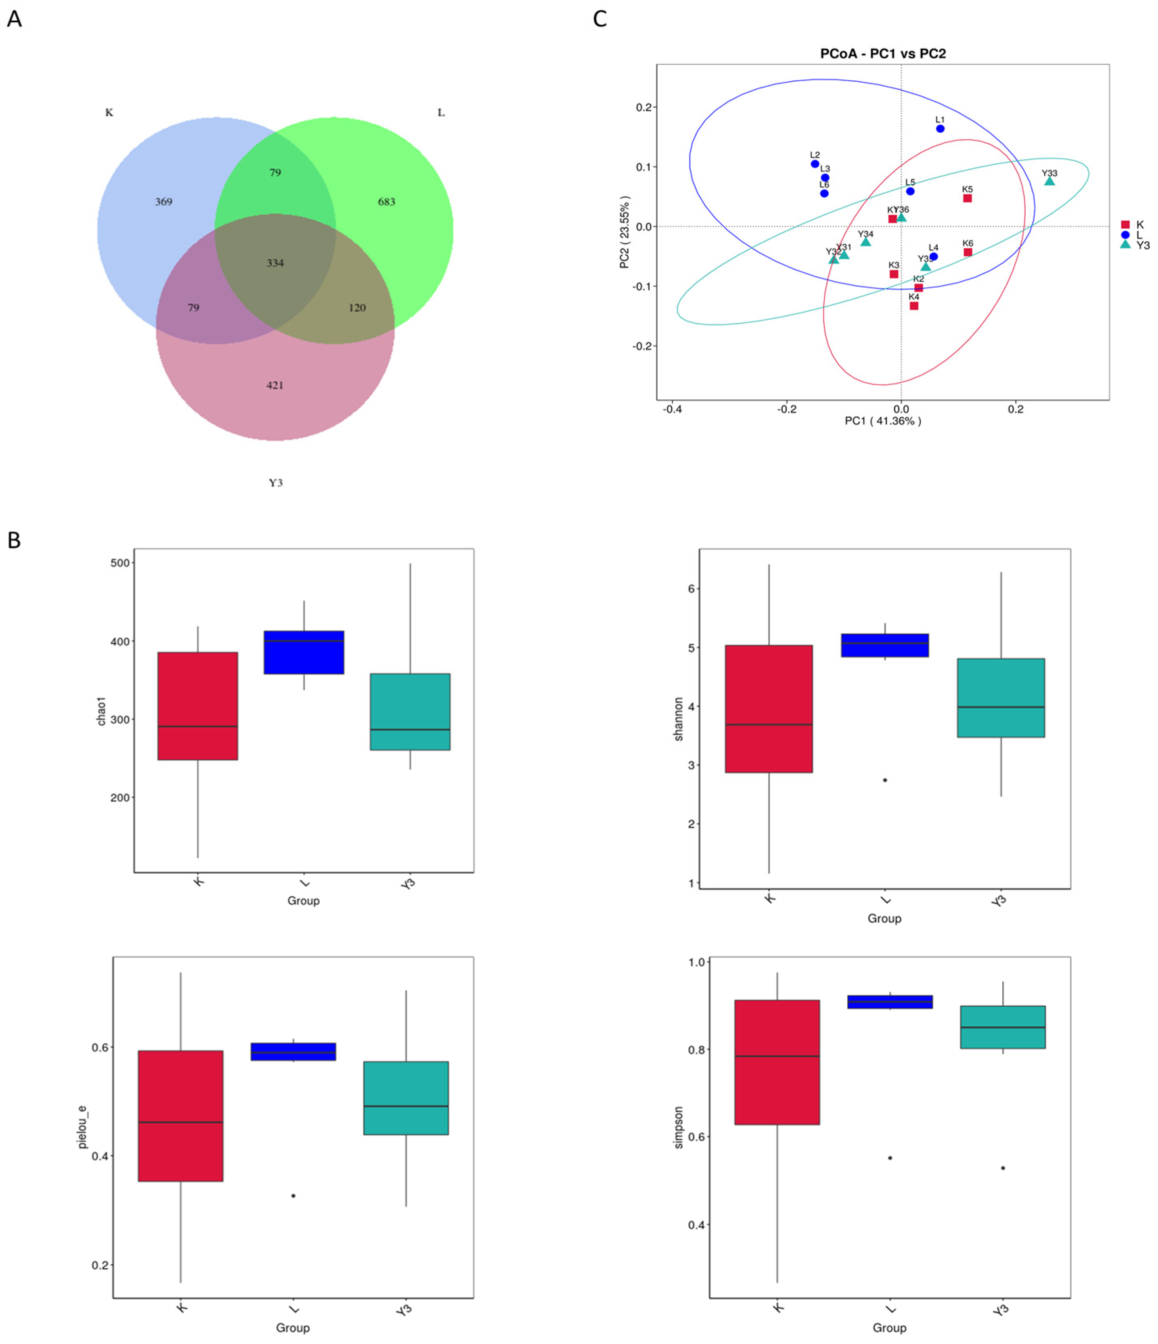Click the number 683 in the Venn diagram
386,202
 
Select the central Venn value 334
275,263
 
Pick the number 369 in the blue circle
163,202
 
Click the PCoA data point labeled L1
940,128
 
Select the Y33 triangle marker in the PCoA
1049,182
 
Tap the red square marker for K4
913,305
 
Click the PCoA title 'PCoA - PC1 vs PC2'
882,54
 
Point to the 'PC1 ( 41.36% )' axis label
882,421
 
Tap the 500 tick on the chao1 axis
121,563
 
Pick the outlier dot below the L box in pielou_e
293,1196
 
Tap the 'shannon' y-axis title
679,719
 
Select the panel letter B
14,541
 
